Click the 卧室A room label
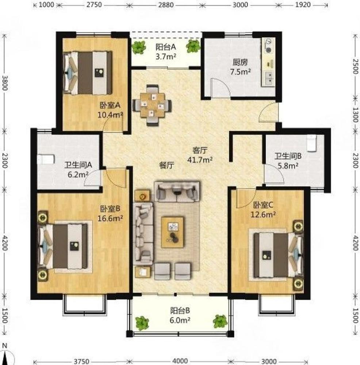coord(110,105)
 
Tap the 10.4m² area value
coord(110,115)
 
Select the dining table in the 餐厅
coord(153,105)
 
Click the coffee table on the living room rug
coord(173,232)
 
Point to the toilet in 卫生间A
coord(46,159)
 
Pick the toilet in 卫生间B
coord(312,143)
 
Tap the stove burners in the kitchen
coord(268,46)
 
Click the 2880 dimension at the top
coord(166,5)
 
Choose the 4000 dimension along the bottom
coord(180,361)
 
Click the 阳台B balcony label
coord(180,311)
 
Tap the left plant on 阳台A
coord(139,47)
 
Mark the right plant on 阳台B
coord(220,322)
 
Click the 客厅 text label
coord(200,150)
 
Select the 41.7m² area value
coord(200,160)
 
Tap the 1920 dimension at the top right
coord(303,5)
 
